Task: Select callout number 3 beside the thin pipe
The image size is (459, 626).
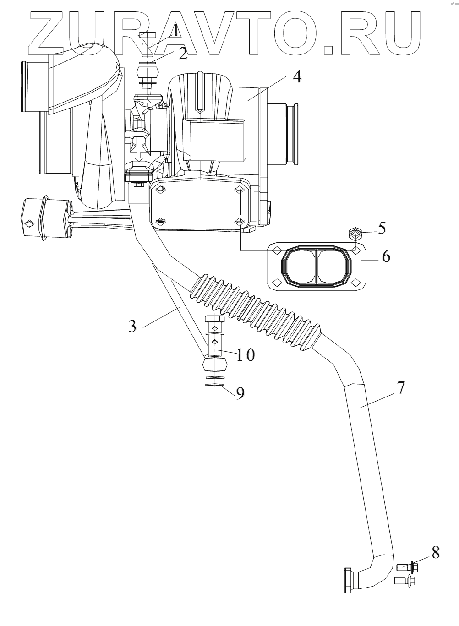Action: click(132, 326)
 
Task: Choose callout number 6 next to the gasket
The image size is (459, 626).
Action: click(386, 257)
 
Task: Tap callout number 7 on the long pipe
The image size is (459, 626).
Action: click(400, 387)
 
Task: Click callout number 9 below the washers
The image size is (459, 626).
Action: click(240, 393)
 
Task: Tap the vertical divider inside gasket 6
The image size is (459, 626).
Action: click(316, 266)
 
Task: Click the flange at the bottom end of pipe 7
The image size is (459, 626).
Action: click(349, 581)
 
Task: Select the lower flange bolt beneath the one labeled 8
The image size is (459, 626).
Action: click(405, 582)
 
